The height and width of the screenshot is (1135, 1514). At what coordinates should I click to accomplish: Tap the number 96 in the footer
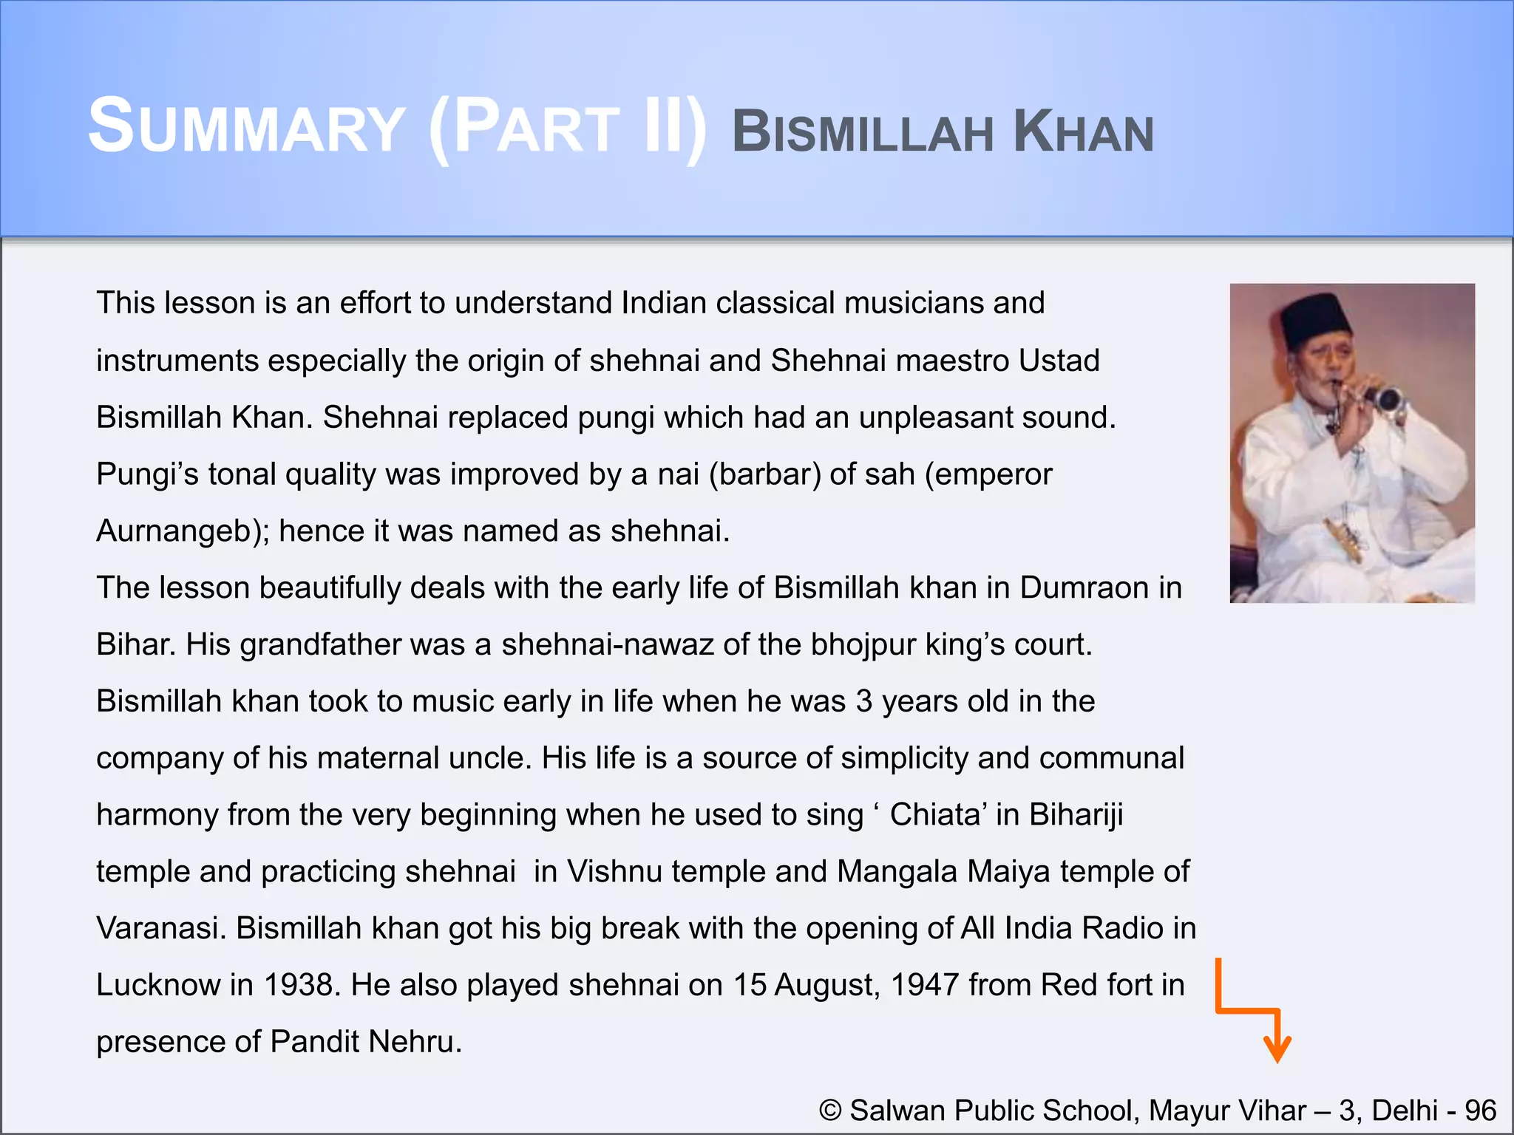coord(1481,1111)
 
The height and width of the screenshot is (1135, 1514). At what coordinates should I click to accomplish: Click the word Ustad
coord(1059,361)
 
